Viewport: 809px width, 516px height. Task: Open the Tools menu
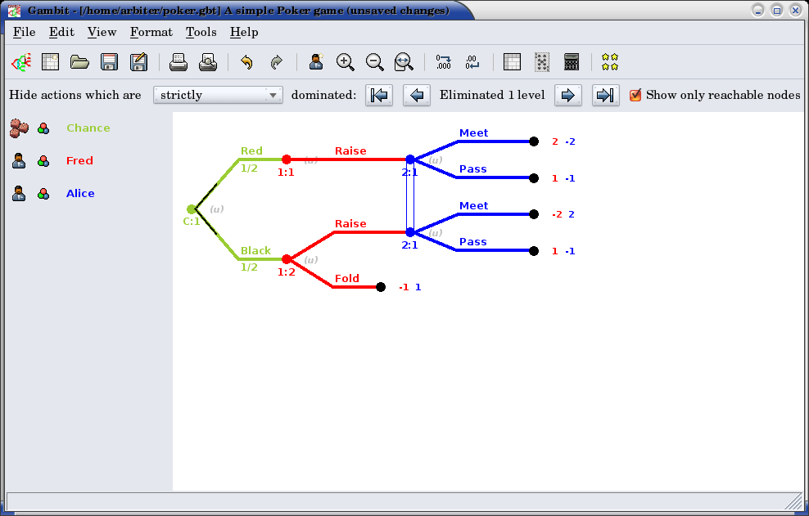tap(201, 32)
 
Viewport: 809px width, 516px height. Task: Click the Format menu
tap(151, 32)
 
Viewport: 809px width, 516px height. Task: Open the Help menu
tap(244, 32)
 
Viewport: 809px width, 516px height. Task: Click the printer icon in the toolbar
tap(179, 62)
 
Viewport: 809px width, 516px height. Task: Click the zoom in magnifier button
tap(346, 62)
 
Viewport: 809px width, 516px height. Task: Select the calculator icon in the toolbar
tap(572, 62)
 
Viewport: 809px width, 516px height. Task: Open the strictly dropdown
tap(218, 95)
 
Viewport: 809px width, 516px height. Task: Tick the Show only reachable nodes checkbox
tap(635, 95)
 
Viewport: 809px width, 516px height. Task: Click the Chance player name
tap(88, 128)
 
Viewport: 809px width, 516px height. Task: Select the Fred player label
tap(79, 160)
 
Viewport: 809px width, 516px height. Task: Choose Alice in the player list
tap(80, 193)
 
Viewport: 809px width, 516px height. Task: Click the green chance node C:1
tap(191, 209)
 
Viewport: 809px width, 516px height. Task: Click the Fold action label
tap(346, 278)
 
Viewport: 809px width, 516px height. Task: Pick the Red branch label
tap(251, 150)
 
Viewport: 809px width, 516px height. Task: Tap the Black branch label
tap(255, 250)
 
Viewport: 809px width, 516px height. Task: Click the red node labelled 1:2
tap(286, 259)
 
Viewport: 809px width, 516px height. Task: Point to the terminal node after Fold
tap(381, 287)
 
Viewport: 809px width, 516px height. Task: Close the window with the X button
tap(795, 11)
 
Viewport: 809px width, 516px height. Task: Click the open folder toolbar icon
tap(79, 62)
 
